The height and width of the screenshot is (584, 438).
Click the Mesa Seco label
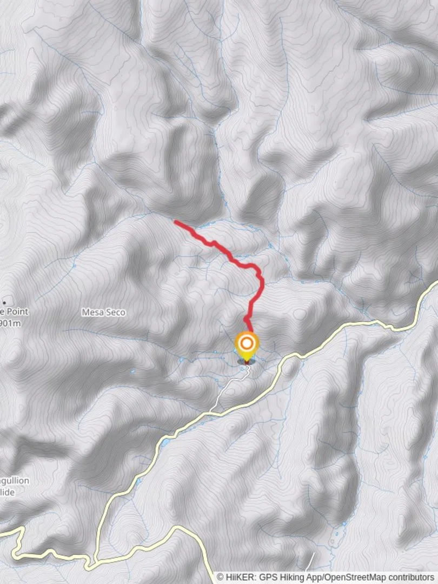[103, 312]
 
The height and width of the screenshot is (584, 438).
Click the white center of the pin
[247, 343]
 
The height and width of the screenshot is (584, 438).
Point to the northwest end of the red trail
[175, 221]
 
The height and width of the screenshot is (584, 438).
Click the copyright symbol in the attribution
[220, 578]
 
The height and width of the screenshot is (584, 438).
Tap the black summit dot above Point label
[5, 302]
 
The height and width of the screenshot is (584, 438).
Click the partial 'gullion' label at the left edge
[15, 481]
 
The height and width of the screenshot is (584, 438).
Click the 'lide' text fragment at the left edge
[8, 492]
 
